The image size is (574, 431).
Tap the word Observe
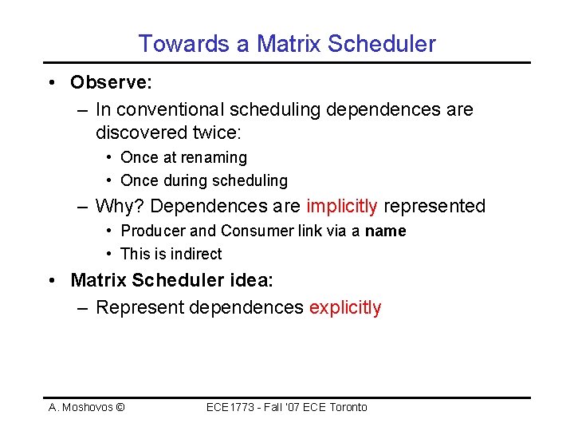point(104,82)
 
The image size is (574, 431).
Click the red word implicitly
point(341,206)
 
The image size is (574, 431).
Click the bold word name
point(386,231)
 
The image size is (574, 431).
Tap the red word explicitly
point(344,307)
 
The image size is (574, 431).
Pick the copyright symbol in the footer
point(120,408)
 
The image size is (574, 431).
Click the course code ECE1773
point(231,408)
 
